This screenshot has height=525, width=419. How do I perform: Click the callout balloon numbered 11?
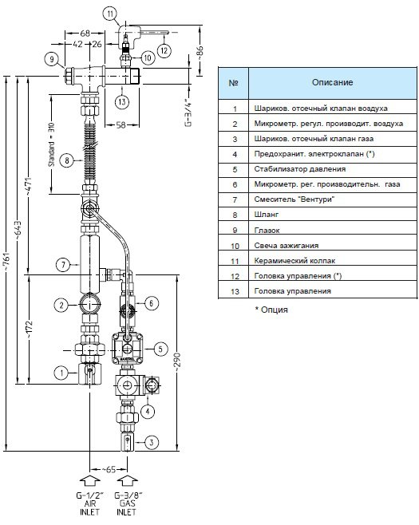point(110,14)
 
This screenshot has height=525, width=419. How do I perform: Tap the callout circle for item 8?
point(67,160)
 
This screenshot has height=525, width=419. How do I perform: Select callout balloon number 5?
point(160,349)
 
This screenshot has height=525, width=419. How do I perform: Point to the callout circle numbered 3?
point(152,442)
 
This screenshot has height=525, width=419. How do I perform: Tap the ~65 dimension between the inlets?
point(109,469)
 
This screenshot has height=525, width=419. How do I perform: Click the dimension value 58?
point(121,125)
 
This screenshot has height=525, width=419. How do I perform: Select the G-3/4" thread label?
point(189,112)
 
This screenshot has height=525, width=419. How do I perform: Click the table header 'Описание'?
point(332,82)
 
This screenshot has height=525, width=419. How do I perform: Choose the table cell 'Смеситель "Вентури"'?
point(294,199)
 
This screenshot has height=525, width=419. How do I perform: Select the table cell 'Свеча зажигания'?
point(286,246)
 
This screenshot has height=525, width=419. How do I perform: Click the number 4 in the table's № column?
point(235,154)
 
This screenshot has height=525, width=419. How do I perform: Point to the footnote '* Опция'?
point(271,310)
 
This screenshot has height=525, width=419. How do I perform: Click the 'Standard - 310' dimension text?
point(51,144)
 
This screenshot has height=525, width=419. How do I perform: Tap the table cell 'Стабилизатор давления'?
point(299,169)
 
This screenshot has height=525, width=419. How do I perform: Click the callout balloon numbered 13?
point(122,101)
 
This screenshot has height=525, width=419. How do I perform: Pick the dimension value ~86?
point(200,52)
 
